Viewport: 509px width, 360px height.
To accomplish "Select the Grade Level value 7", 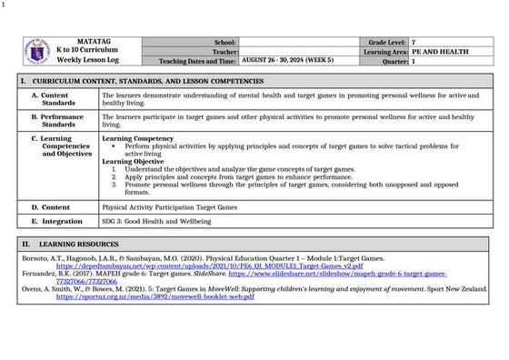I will point(414,43).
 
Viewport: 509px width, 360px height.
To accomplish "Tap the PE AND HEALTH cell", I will point(440,52).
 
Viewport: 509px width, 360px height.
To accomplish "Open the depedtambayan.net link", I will point(209,265).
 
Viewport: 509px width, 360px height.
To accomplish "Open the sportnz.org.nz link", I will point(155,296).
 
